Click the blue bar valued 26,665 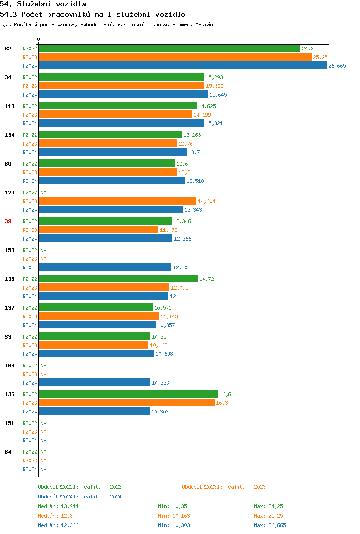182,66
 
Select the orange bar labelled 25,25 175,57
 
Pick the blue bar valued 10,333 95,383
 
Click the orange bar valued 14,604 118,201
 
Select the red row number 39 8,221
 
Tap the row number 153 10,250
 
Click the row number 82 8,49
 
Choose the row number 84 8,452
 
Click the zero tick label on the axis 39,39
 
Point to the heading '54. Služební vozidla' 43,4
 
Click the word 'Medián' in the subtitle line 204,24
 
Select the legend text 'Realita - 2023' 245,487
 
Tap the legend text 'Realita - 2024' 101,497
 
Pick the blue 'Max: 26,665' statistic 270,525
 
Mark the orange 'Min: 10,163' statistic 174,516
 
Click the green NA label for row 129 43,193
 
